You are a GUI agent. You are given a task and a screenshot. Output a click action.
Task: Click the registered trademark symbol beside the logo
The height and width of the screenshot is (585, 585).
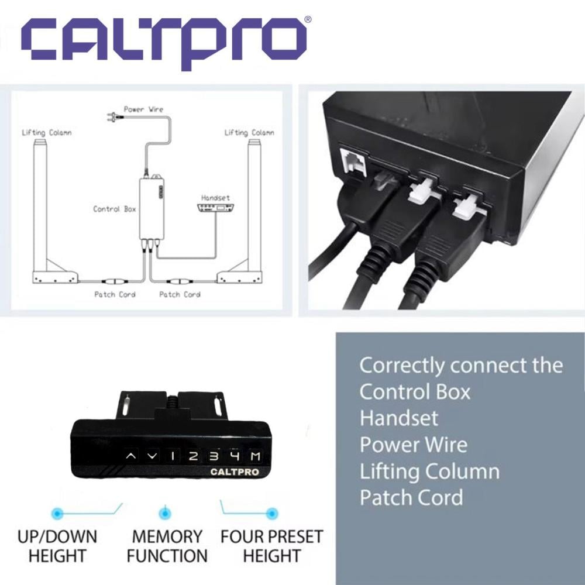308,19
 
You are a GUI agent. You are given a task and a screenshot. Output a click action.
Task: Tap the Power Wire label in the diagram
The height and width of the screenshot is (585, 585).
144,109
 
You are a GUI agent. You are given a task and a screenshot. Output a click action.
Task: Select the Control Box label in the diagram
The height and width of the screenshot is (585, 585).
114,209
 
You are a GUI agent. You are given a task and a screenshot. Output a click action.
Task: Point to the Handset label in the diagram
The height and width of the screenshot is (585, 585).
216,198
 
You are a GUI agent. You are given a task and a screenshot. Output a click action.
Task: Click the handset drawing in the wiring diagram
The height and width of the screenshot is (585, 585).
216,208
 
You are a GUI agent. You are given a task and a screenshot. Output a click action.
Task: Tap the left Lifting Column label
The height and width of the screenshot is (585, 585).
47,132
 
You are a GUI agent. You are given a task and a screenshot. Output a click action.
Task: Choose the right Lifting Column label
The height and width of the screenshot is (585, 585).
249,132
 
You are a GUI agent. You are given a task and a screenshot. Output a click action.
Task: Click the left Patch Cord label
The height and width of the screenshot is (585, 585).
115,294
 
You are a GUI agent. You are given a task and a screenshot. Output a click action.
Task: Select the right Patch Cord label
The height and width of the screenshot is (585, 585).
180,294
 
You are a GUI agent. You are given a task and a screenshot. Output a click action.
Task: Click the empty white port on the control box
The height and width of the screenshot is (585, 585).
352,160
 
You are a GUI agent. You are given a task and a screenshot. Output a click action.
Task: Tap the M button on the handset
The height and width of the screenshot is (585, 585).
256,456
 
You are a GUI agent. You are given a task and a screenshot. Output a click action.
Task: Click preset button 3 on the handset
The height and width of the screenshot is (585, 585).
214,456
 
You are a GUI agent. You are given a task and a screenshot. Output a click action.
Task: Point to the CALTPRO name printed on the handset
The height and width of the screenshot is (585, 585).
235,472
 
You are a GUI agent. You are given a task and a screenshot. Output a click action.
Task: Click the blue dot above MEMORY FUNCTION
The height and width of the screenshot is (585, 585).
165,514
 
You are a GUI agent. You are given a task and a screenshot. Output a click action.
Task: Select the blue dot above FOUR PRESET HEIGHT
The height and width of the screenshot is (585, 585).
272,514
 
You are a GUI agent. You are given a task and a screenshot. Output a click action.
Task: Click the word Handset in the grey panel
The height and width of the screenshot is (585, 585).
399,418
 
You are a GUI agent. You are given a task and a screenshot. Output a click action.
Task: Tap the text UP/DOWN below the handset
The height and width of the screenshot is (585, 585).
57,536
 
